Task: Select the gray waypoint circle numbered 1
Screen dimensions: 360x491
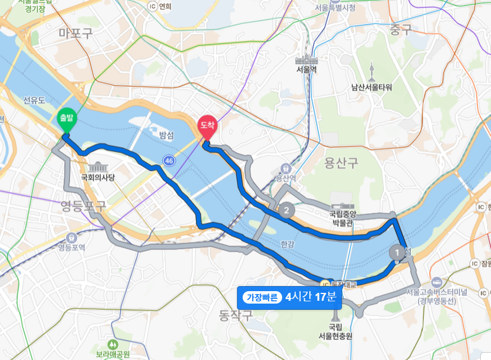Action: [x=398, y=252]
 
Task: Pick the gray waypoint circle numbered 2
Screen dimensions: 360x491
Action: [x=287, y=210]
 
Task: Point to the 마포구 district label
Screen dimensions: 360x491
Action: [x=75, y=33]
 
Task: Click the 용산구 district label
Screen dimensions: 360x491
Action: [x=341, y=164]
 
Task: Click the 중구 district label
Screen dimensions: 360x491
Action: [x=401, y=30]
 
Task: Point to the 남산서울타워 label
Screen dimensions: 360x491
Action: [x=371, y=87]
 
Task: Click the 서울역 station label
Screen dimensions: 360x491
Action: [x=307, y=69]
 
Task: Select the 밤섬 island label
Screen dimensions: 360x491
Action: [x=166, y=134]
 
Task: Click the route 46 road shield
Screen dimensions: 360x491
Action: [x=169, y=161]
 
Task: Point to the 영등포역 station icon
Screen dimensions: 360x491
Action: [x=72, y=238]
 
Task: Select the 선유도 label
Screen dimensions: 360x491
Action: [x=34, y=100]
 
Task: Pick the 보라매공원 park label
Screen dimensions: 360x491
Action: [x=113, y=354]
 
